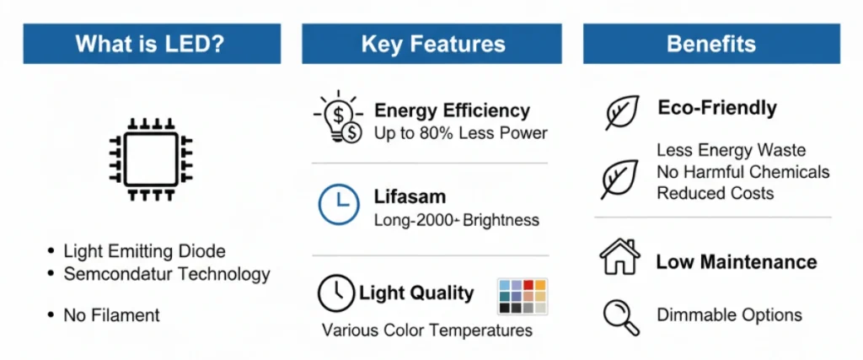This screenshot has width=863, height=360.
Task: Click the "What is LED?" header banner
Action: click(x=152, y=44)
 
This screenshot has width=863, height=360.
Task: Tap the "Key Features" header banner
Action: click(x=432, y=44)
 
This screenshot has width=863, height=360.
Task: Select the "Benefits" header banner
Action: click(x=711, y=44)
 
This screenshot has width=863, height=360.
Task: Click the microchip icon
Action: click(x=151, y=159)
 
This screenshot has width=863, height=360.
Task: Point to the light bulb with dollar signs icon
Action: click(x=339, y=117)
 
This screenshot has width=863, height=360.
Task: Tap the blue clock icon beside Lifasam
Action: click(x=339, y=205)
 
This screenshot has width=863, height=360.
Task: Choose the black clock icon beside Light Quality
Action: click(x=336, y=293)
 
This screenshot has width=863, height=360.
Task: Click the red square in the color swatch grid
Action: click(x=528, y=285)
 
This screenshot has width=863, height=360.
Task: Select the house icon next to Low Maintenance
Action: click(x=619, y=256)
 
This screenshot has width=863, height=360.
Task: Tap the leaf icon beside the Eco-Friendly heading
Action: click(x=623, y=112)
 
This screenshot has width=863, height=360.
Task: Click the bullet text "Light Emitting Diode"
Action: click(x=145, y=251)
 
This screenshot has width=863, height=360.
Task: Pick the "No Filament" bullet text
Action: click(x=112, y=315)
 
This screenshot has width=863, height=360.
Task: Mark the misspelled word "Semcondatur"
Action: click(x=115, y=274)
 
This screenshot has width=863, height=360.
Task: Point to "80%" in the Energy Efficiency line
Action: click(x=440, y=133)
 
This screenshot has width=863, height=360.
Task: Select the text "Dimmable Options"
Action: click(x=729, y=315)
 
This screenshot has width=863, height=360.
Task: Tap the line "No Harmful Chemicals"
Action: click(x=743, y=172)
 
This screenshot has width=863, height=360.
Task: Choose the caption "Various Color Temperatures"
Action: click(x=427, y=330)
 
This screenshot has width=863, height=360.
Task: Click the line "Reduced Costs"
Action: click(x=716, y=193)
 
